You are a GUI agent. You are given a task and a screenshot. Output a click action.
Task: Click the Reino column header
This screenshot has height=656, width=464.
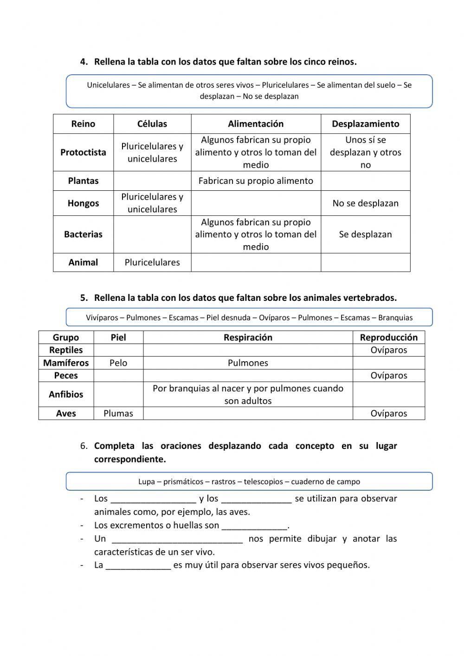pyautogui.click(x=83, y=124)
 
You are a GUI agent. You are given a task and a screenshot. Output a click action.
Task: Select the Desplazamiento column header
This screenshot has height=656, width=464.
pyautogui.click(x=365, y=124)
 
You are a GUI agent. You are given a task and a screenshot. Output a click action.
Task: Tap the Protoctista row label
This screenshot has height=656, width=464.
pyautogui.click(x=83, y=152)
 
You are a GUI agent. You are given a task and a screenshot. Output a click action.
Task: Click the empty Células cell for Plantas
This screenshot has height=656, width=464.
pyautogui.click(x=152, y=181)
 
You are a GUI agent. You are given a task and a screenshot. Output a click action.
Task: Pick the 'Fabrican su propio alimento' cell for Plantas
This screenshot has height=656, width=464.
pyautogui.click(x=256, y=181)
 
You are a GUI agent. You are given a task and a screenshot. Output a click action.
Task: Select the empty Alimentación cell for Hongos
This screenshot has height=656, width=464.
pyautogui.click(x=256, y=203)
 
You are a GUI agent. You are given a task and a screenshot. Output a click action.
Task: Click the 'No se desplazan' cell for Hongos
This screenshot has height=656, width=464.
pyautogui.click(x=365, y=203)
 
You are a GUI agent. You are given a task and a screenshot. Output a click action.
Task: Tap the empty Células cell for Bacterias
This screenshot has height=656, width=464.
pyautogui.click(x=152, y=234)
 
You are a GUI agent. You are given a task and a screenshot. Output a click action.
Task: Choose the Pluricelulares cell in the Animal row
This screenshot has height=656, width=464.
pyautogui.click(x=152, y=262)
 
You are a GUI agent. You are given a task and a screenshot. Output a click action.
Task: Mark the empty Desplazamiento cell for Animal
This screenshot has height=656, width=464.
pyautogui.click(x=365, y=262)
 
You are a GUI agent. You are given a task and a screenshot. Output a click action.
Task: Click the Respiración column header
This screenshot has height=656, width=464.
pyautogui.click(x=248, y=338)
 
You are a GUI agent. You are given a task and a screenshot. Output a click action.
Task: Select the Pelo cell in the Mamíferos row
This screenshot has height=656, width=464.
pyautogui.click(x=118, y=363)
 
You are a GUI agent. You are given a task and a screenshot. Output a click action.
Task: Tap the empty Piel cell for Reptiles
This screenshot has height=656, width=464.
pyautogui.click(x=118, y=350)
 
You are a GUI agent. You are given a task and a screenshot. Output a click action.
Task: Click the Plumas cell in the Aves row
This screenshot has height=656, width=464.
pyautogui.click(x=118, y=413)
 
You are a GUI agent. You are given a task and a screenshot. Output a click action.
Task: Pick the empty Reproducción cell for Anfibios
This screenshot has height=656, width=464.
pyautogui.click(x=388, y=395)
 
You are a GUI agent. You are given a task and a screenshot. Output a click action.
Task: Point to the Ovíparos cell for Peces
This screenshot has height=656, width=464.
pyautogui.click(x=388, y=376)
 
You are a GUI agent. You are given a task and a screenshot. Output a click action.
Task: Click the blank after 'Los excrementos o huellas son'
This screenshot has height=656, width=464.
pyautogui.click(x=255, y=526)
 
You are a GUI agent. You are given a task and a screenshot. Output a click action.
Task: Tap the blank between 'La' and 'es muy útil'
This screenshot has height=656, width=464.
pyautogui.click(x=138, y=565)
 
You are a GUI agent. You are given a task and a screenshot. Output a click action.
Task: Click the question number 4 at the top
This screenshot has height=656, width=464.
pyautogui.click(x=84, y=62)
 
